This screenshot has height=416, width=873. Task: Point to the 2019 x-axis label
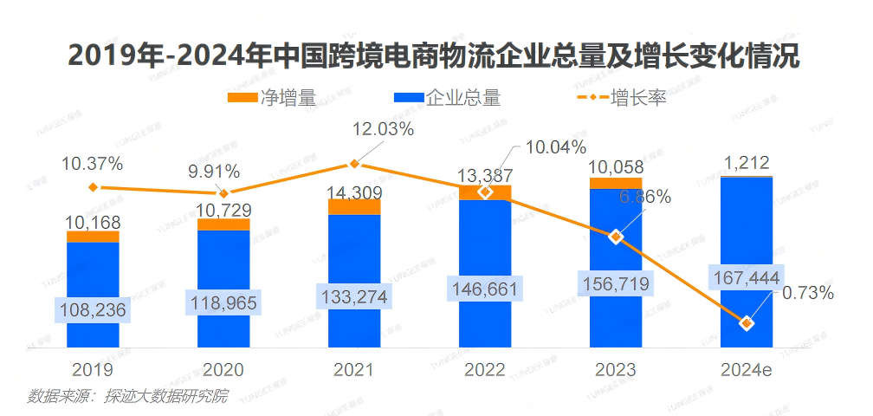[x=93, y=370]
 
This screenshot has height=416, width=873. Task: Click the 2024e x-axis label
[x=747, y=370]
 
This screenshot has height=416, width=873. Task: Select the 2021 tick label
[x=353, y=370]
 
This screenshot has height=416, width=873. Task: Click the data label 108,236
[x=93, y=309]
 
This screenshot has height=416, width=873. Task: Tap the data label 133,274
[x=353, y=296]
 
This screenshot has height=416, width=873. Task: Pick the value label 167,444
[x=746, y=277]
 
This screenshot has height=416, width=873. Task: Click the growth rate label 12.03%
[x=382, y=129]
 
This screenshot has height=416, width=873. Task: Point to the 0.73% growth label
[x=808, y=293]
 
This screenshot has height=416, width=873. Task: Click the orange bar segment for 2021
[x=353, y=206]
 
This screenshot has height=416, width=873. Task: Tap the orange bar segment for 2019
[x=93, y=237]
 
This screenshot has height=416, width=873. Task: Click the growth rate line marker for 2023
[x=616, y=237]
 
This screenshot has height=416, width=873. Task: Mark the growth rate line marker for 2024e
[x=746, y=323]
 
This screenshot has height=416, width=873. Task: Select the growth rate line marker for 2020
[x=223, y=193]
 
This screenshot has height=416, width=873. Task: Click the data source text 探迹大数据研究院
[x=165, y=397]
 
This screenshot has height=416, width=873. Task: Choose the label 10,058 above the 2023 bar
[x=616, y=166]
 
